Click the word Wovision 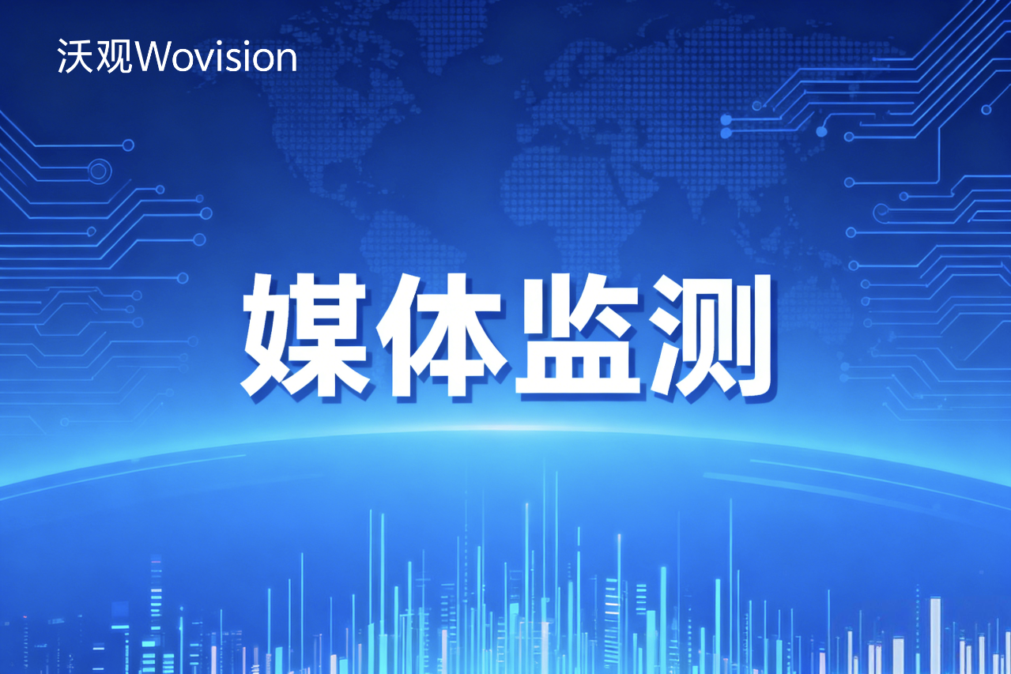click(x=217, y=58)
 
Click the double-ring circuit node click(x=98, y=170)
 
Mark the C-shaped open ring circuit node click(x=881, y=211)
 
